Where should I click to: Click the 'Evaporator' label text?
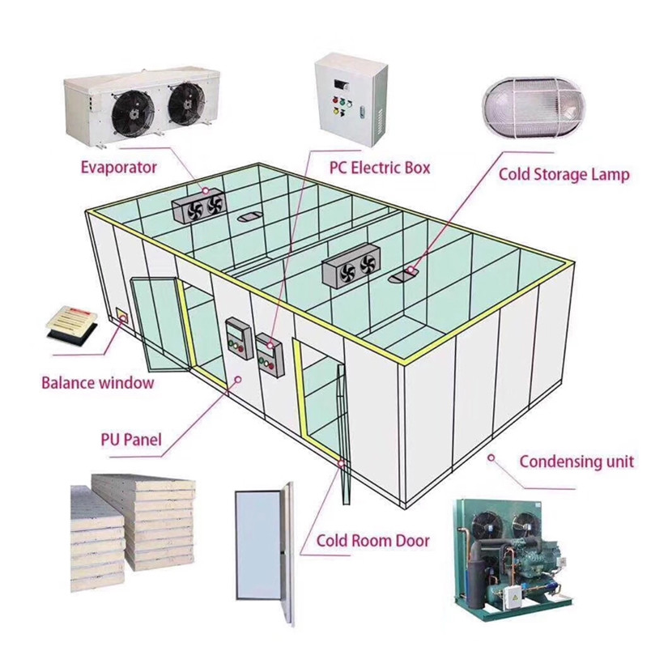point(118,168)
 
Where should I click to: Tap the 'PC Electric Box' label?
point(379,168)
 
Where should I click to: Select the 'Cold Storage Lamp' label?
point(564,173)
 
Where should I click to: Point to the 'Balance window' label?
point(97,382)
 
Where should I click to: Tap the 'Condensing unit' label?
point(576,462)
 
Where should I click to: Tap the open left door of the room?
point(155,320)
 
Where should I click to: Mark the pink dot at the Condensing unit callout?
point(490,458)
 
